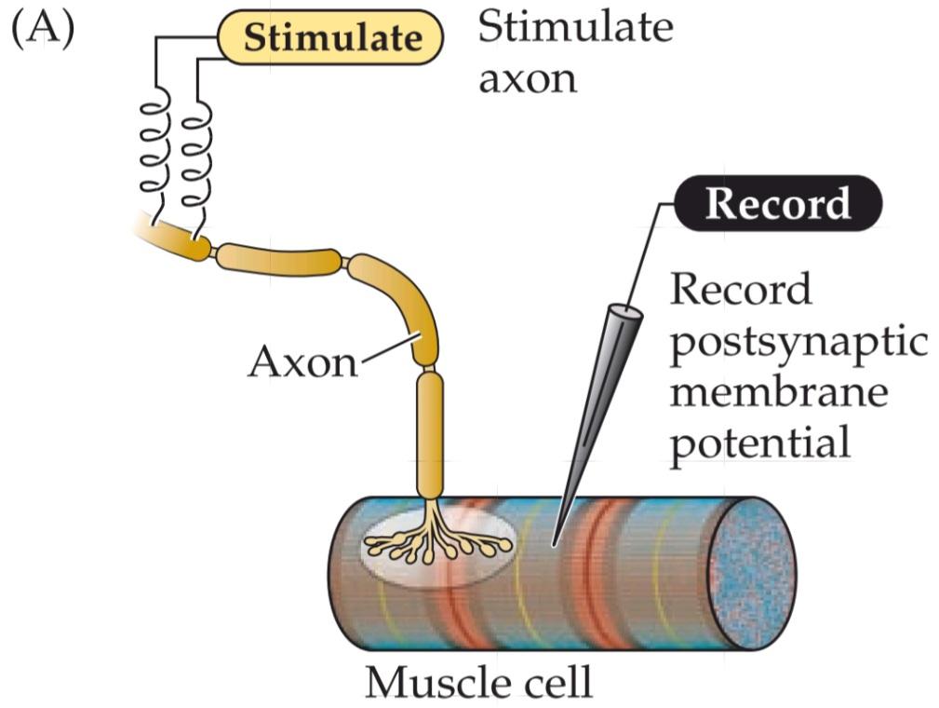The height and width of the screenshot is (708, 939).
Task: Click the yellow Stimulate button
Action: click(332, 38)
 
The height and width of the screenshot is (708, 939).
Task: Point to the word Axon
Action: click(302, 361)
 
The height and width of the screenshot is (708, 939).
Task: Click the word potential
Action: click(761, 442)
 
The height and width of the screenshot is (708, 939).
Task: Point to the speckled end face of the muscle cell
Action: click(751, 572)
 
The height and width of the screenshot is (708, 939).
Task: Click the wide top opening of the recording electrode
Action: click(625, 309)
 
